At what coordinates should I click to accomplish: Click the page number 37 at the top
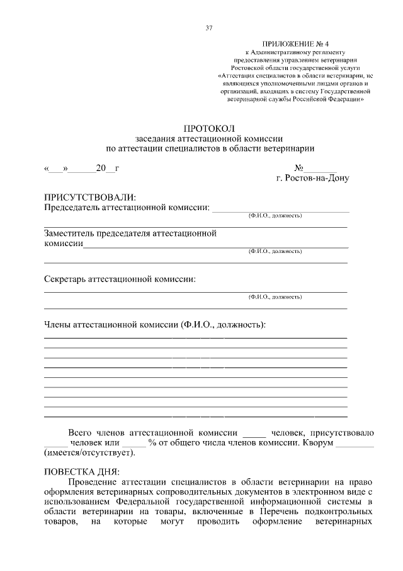tap(209, 27)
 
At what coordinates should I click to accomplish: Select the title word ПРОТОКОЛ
tap(209, 128)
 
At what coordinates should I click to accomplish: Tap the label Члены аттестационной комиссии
tap(111, 325)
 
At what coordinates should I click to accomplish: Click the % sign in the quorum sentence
tap(152, 442)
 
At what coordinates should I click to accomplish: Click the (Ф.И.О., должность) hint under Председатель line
tap(275, 216)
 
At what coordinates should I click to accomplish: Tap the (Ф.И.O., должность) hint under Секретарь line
tap(275, 296)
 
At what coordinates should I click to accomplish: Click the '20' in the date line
tap(101, 168)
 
